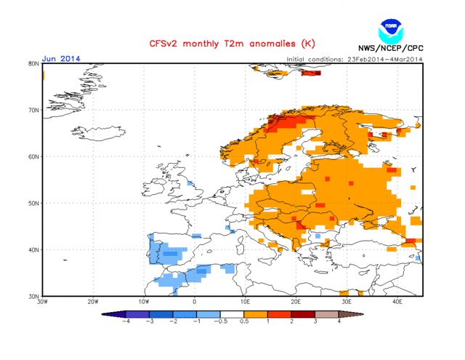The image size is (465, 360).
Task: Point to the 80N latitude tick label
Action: pyautogui.click(x=33, y=64)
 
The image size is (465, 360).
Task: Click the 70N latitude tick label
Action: pyautogui.click(x=33, y=111)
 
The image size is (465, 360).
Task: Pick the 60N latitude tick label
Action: pyautogui.click(x=33, y=157)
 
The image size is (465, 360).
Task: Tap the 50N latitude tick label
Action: pyautogui.click(x=33, y=204)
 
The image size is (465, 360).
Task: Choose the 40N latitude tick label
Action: pyautogui.click(x=33, y=250)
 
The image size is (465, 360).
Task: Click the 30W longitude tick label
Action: pyautogui.click(x=42, y=302)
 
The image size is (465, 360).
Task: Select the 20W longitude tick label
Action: pyautogui.click(x=93, y=302)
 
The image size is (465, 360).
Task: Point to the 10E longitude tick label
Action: pyautogui.click(x=245, y=302)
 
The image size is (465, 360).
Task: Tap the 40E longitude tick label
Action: pyautogui.click(x=397, y=302)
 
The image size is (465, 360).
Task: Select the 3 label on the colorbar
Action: pyautogui.click(x=315, y=321)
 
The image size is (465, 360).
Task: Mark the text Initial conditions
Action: pyautogui.click(x=315, y=59)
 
